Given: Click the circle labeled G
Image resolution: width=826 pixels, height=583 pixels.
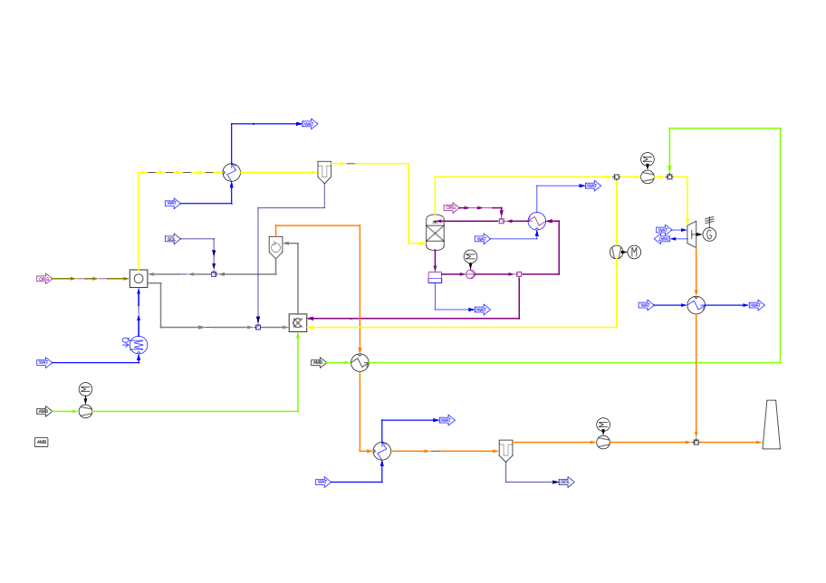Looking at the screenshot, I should coord(709,234).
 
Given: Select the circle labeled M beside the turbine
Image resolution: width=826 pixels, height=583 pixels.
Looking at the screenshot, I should coord(634,252).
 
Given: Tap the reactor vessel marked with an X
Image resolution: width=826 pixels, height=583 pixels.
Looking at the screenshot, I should coord(435,233).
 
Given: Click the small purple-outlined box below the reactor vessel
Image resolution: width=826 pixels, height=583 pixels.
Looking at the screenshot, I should coord(435,278).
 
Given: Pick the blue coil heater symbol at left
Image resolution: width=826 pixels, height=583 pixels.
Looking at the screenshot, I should coord(138,345).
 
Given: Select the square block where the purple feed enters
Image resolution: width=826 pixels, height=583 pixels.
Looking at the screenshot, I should coord(139,279).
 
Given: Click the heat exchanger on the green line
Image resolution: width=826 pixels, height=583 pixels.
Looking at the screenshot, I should coord(360,362).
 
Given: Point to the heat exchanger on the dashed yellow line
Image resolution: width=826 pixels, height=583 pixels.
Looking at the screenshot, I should coord(232,172).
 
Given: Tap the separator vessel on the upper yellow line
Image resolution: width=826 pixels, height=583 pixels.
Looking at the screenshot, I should coord(324,171).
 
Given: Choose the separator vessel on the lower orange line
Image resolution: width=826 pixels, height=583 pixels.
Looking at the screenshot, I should coord(505,450).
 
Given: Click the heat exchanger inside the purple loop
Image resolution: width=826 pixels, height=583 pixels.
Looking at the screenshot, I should coord(536,221).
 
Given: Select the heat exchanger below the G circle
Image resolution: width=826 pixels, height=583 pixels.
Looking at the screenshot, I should coord(696,305).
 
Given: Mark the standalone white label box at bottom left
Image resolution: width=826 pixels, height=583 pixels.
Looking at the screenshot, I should coord(42,442).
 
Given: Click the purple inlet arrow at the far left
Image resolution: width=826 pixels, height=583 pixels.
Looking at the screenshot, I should coord(43,279).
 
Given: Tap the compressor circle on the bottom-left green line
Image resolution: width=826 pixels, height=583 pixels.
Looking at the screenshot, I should coord(85,411).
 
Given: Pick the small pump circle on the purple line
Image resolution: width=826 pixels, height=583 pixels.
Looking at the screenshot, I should coord(470,274).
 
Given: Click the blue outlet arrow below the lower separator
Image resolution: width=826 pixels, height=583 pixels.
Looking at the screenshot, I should coord(566,482).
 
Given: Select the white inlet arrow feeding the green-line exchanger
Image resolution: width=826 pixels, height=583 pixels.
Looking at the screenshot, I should coord(318,362).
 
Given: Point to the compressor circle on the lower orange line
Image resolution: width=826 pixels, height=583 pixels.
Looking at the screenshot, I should coord(603,442).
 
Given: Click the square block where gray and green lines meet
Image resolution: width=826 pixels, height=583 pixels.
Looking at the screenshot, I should coord(298,322).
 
